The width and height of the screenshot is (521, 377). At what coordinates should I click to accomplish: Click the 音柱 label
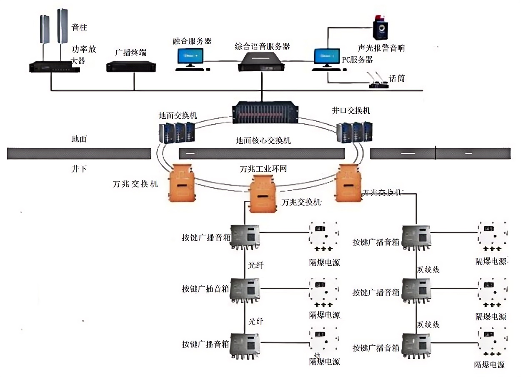[79, 28]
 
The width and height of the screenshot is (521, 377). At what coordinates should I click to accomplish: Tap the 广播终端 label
[131, 53]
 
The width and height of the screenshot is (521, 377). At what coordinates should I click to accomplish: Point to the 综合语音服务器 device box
[261, 62]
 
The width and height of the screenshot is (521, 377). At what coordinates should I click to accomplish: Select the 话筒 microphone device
[378, 81]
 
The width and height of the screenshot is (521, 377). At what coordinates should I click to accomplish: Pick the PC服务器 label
[357, 60]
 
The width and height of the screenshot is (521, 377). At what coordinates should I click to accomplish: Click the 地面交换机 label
[178, 115]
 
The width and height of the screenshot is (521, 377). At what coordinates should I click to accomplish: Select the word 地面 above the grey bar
[79, 140]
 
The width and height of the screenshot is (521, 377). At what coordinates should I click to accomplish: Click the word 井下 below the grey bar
[79, 170]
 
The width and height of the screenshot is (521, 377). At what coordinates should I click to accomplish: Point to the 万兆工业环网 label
[263, 169]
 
